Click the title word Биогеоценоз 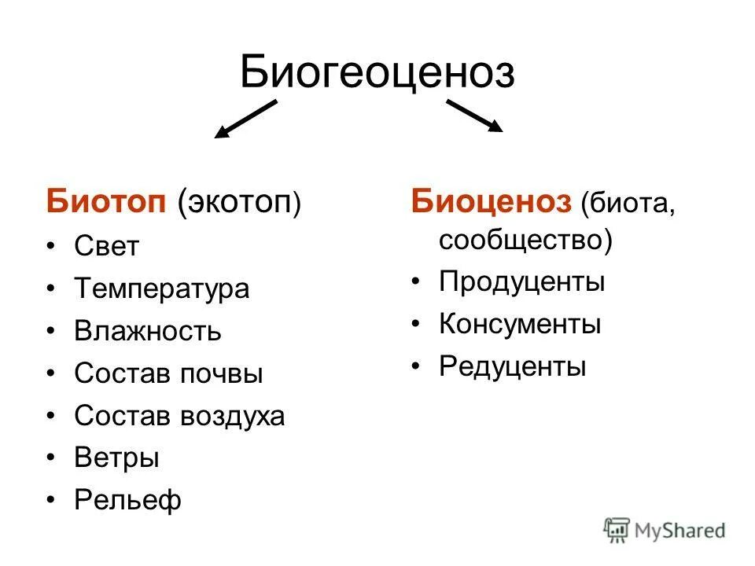[377, 72]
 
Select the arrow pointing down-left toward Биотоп [245, 120]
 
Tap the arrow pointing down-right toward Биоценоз [474, 116]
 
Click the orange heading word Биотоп [105, 202]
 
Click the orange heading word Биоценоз [491, 202]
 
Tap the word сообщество [521, 240]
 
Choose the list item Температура [161, 289]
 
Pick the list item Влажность [148, 331]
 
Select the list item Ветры [116, 458]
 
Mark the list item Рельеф [127, 501]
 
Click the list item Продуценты [521, 281]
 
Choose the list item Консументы [520, 324]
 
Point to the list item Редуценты [512, 366]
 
